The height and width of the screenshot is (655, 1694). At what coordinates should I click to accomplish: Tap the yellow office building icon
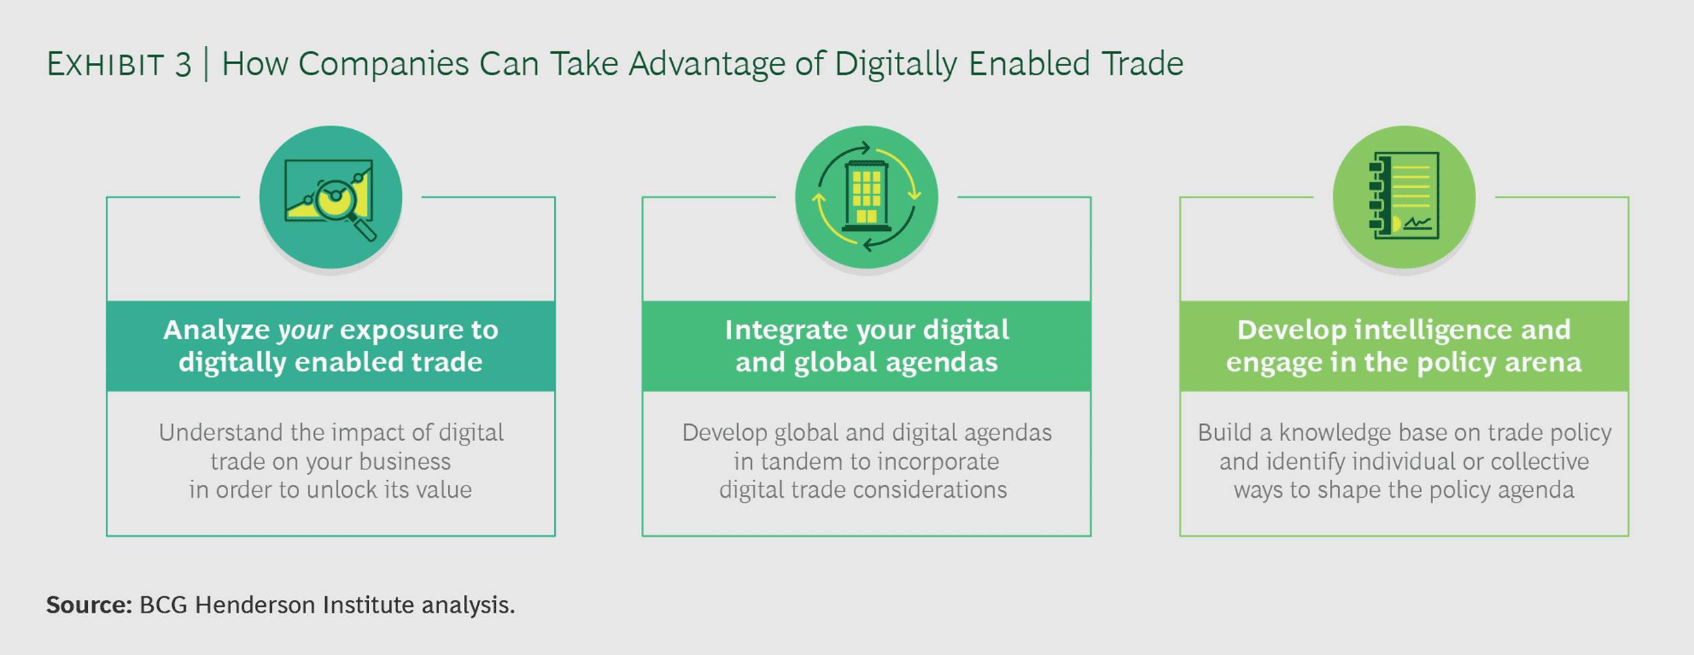[x=866, y=197]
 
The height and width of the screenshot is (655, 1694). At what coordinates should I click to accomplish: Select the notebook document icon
[x=1404, y=196]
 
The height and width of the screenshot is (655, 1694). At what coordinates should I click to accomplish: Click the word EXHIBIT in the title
[x=105, y=65]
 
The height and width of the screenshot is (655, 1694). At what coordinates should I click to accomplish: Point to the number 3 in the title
[x=183, y=65]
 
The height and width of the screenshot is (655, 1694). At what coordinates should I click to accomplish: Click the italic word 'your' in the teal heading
[x=305, y=331]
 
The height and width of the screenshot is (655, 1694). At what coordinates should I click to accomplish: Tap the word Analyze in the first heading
[x=217, y=331]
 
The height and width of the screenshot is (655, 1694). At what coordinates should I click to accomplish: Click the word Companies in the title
[x=383, y=65]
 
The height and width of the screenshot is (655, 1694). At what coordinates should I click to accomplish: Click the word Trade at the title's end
[x=1142, y=65]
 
